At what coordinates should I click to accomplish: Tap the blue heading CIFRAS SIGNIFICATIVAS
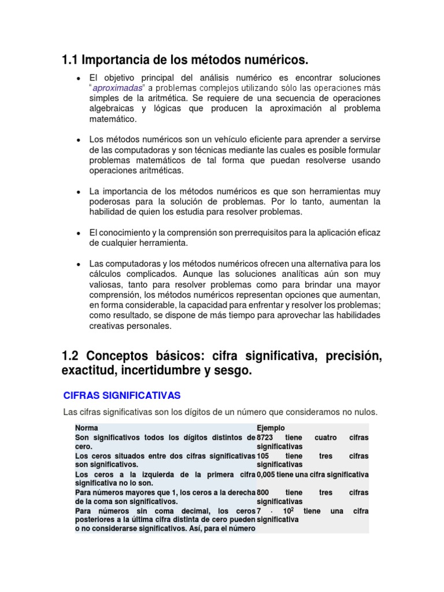click(121, 395)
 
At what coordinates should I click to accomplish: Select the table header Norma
click(87, 428)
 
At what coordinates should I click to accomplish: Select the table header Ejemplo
click(271, 428)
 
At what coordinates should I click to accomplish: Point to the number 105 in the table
click(264, 456)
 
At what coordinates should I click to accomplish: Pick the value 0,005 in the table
click(268, 475)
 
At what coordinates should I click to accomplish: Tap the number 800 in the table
click(264, 493)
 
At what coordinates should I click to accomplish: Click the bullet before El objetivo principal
click(78, 78)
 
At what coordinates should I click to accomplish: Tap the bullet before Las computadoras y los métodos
click(78, 264)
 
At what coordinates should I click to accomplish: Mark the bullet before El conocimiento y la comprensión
click(78, 233)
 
